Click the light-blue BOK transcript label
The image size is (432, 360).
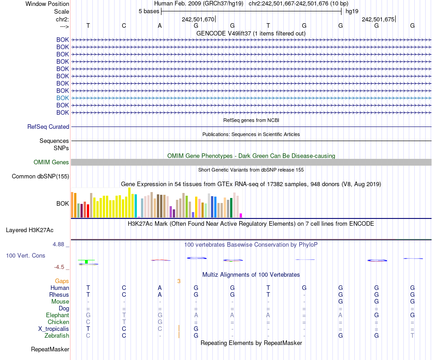coord(63,98)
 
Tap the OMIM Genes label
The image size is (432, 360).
coord(51,162)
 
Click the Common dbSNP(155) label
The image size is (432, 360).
coord(40,177)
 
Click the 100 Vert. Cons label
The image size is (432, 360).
coord(25,256)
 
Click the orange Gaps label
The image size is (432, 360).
coord(62,281)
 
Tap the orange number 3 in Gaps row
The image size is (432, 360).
coord(179,281)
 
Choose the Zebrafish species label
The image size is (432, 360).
coord(58,335)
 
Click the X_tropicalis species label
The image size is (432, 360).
coord(54,329)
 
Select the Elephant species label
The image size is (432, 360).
coord(57,315)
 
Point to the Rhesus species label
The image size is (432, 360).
coord(59,294)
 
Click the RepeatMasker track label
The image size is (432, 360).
coord(50,350)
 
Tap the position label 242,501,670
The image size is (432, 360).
coord(198,19)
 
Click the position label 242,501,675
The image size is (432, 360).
coord(378,19)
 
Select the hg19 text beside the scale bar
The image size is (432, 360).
coord(352,11)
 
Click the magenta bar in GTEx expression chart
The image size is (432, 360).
coord(241,215)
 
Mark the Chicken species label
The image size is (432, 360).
coord(58,322)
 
